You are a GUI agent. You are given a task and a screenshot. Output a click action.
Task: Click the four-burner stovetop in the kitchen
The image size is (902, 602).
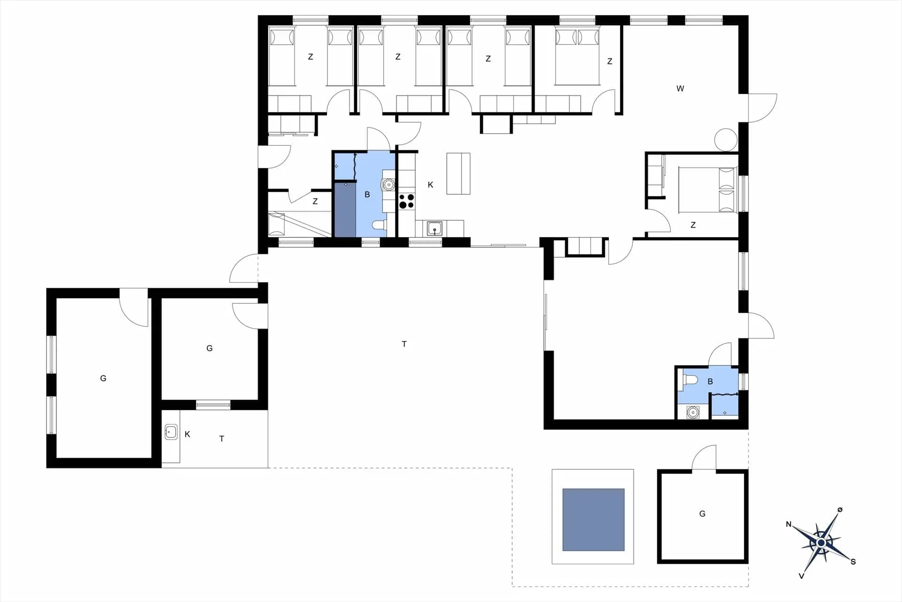click(407, 201)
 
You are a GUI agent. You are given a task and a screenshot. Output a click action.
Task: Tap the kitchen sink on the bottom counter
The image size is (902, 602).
click(435, 229)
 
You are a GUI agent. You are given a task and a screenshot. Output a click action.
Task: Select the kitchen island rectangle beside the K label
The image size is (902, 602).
click(459, 174)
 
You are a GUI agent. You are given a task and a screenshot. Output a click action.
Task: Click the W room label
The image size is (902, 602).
click(680, 88)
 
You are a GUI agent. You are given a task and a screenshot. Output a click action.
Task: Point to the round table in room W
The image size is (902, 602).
click(726, 140)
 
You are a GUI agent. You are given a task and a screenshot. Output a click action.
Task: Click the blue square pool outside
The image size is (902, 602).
click(593, 520)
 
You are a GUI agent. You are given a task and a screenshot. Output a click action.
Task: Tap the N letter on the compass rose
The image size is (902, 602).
click(789, 524)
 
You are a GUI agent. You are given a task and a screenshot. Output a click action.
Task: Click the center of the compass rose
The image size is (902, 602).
click(821, 543)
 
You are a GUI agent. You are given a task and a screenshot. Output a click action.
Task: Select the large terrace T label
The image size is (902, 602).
click(404, 344)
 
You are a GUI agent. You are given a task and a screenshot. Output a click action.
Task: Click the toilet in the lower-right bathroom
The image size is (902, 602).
click(689, 380)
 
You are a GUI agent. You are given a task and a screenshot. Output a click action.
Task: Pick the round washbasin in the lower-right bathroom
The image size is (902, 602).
click(692, 412)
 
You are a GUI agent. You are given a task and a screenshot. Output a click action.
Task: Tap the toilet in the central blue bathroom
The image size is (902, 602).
click(379, 225)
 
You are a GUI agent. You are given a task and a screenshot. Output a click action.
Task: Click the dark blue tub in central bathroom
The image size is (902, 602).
click(345, 210)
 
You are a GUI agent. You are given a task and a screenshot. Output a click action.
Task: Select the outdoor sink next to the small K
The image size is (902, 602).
click(171, 432)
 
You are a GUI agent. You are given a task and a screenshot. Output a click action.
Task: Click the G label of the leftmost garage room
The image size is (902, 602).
click(103, 378)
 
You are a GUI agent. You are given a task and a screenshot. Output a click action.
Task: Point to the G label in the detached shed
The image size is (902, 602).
click(702, 514)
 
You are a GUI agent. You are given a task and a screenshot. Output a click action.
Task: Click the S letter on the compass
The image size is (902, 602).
click(853, 562)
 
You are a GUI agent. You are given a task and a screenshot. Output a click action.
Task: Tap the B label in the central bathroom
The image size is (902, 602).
click(367, 194)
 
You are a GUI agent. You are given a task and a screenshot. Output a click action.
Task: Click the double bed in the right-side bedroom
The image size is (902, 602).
click(708, 190)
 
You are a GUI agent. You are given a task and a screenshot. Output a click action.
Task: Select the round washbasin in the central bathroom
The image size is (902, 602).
click(389, 185)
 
